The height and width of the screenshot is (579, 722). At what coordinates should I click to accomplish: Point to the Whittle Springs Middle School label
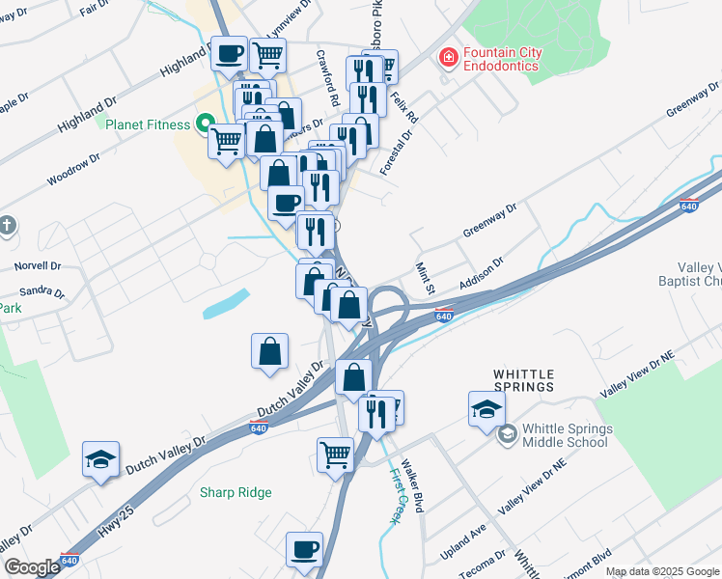(567, 435)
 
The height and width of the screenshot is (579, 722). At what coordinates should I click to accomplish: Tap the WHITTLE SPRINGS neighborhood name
(524, 379)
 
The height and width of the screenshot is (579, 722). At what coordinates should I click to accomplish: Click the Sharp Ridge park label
(236, 492)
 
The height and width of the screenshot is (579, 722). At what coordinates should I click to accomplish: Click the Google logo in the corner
(32, 567)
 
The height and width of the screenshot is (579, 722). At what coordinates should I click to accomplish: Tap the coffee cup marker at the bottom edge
(304, 549)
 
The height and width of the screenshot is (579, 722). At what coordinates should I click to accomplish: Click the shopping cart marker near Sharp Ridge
(335, 453)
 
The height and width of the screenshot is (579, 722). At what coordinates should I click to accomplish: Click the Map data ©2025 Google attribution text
(661, 571)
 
